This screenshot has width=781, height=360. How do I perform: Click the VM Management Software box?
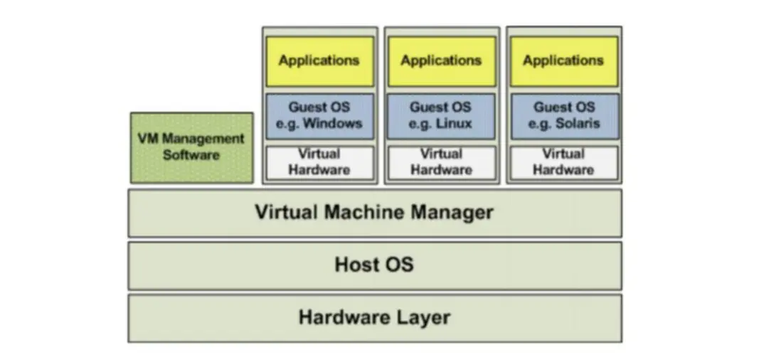191,147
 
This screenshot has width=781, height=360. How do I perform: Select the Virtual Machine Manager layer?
374,212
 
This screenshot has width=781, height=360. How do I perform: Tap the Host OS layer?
374,265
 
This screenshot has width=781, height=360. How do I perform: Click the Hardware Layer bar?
374,317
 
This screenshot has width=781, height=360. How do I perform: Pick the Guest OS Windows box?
319,115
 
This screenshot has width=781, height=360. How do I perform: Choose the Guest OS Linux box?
441,115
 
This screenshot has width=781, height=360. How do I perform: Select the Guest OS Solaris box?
563,115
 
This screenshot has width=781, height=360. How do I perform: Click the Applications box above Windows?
319,61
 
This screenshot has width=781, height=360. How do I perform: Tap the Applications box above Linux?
441,61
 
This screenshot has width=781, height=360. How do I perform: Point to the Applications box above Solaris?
563,61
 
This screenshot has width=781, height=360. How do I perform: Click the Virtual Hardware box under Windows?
319,162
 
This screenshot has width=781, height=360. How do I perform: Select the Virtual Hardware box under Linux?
441,162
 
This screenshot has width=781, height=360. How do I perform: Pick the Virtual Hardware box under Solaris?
563,162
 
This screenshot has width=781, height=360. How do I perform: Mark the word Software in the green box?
191,154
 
